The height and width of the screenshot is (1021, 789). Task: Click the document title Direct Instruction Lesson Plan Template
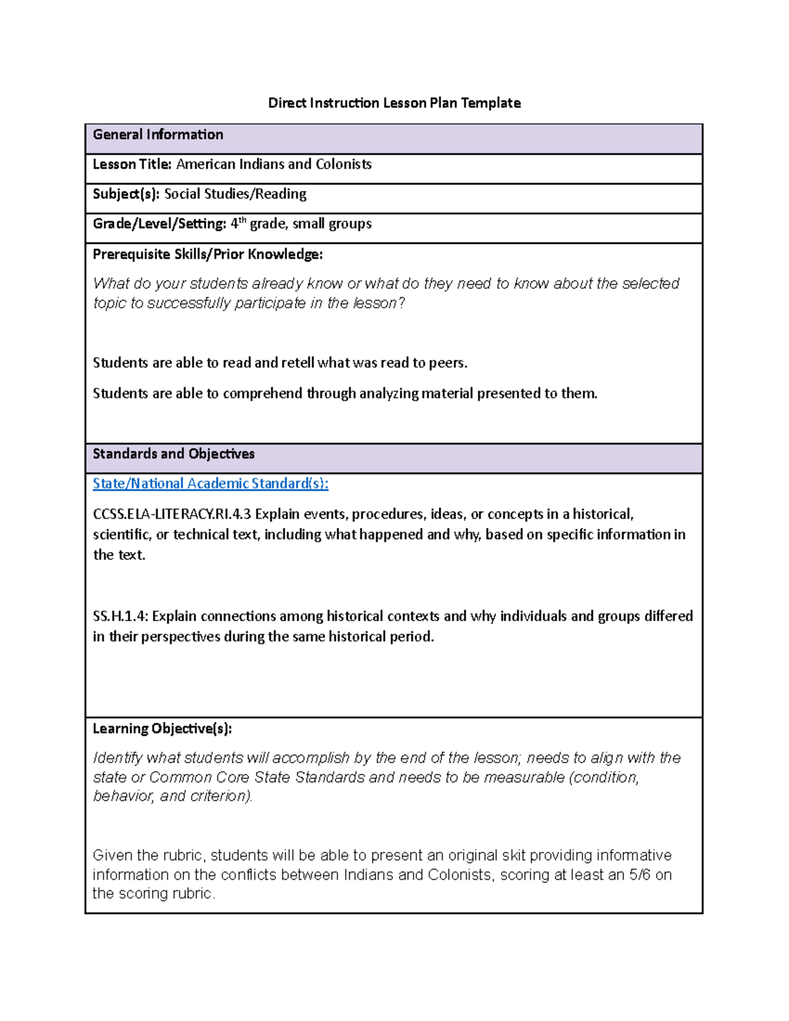click(394, 103)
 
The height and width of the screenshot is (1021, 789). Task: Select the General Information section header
click(158, 135)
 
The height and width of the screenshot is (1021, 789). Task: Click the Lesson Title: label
click(132, 164)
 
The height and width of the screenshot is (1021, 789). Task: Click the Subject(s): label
click(126, 194)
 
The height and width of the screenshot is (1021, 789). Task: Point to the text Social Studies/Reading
click(235, 194)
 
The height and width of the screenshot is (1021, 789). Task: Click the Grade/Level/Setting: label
click(159, 224)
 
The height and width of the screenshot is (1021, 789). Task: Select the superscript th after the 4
click(242, 220)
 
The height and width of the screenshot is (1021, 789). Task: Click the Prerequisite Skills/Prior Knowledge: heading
click(208, 254)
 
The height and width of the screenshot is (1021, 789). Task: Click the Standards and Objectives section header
click(174, 454)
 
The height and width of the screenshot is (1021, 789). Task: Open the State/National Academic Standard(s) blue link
click(210, 484)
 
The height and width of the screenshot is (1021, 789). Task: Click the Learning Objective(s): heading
click(162, 728)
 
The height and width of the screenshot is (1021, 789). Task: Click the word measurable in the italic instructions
click(524, 777)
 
